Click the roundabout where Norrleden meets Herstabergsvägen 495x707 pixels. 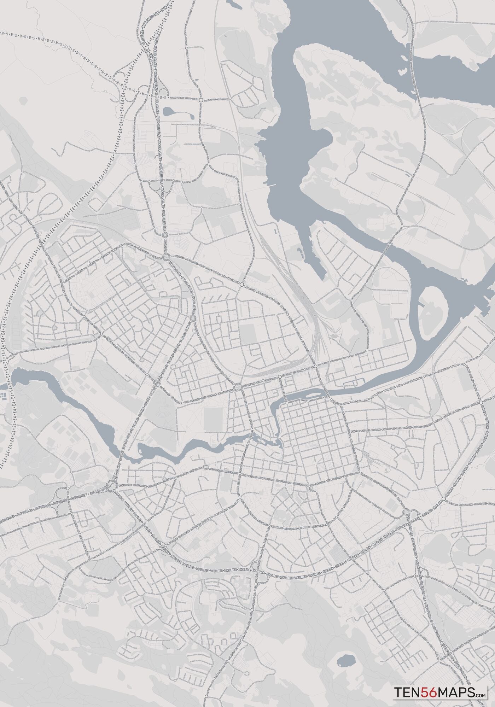click(201, 100)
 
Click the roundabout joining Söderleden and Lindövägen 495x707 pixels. click(481, 403)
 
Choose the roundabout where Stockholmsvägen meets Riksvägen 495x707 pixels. click(193, 319)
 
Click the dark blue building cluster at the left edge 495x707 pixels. click(4, 396)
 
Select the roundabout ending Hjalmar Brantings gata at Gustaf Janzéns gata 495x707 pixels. click(67, 488)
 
